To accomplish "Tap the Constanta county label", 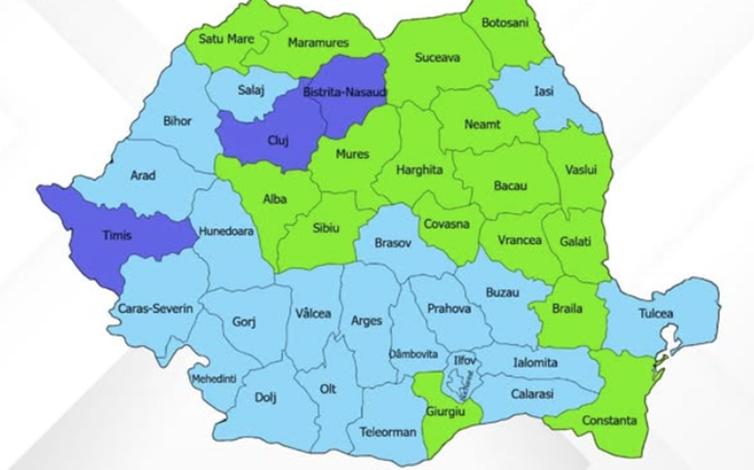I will point(610,420).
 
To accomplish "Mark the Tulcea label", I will point(655,314).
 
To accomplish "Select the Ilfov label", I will point(465,360).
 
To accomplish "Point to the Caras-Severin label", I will point(155,308).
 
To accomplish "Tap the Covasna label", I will point(446,224).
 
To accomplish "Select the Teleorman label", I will point(388,433).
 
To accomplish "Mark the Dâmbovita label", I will point(412,353).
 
